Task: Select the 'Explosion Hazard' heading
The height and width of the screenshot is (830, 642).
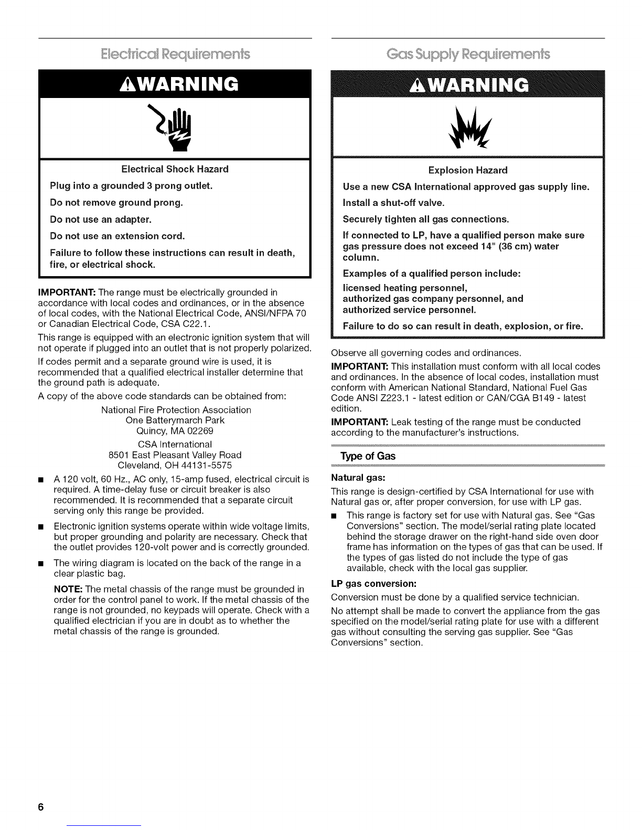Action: pos(468,170)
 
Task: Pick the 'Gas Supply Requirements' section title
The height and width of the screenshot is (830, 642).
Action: pos(468,54)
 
